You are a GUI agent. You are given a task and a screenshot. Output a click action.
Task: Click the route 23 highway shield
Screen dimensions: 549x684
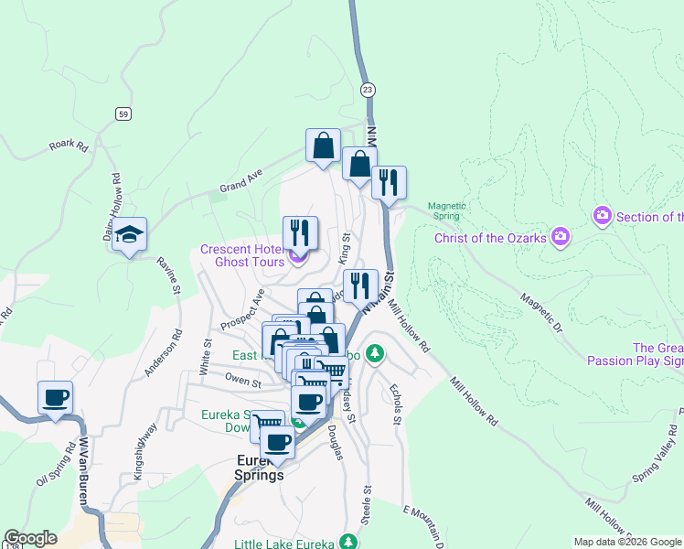point(368,89)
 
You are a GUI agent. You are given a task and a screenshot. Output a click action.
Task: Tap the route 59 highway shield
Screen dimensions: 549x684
point(123,113)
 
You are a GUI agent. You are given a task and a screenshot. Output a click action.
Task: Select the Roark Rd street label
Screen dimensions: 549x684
point(68,145)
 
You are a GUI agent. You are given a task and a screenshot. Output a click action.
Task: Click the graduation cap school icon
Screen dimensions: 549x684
point(130,233)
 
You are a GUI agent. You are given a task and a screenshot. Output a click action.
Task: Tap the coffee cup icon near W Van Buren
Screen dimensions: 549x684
point(55,397)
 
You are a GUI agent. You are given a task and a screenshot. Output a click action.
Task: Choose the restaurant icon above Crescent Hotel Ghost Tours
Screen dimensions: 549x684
point(300,232)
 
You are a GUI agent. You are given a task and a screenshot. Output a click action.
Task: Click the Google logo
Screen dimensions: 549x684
point(30,538)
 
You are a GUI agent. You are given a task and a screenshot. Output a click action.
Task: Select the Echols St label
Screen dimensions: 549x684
point(397,403)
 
